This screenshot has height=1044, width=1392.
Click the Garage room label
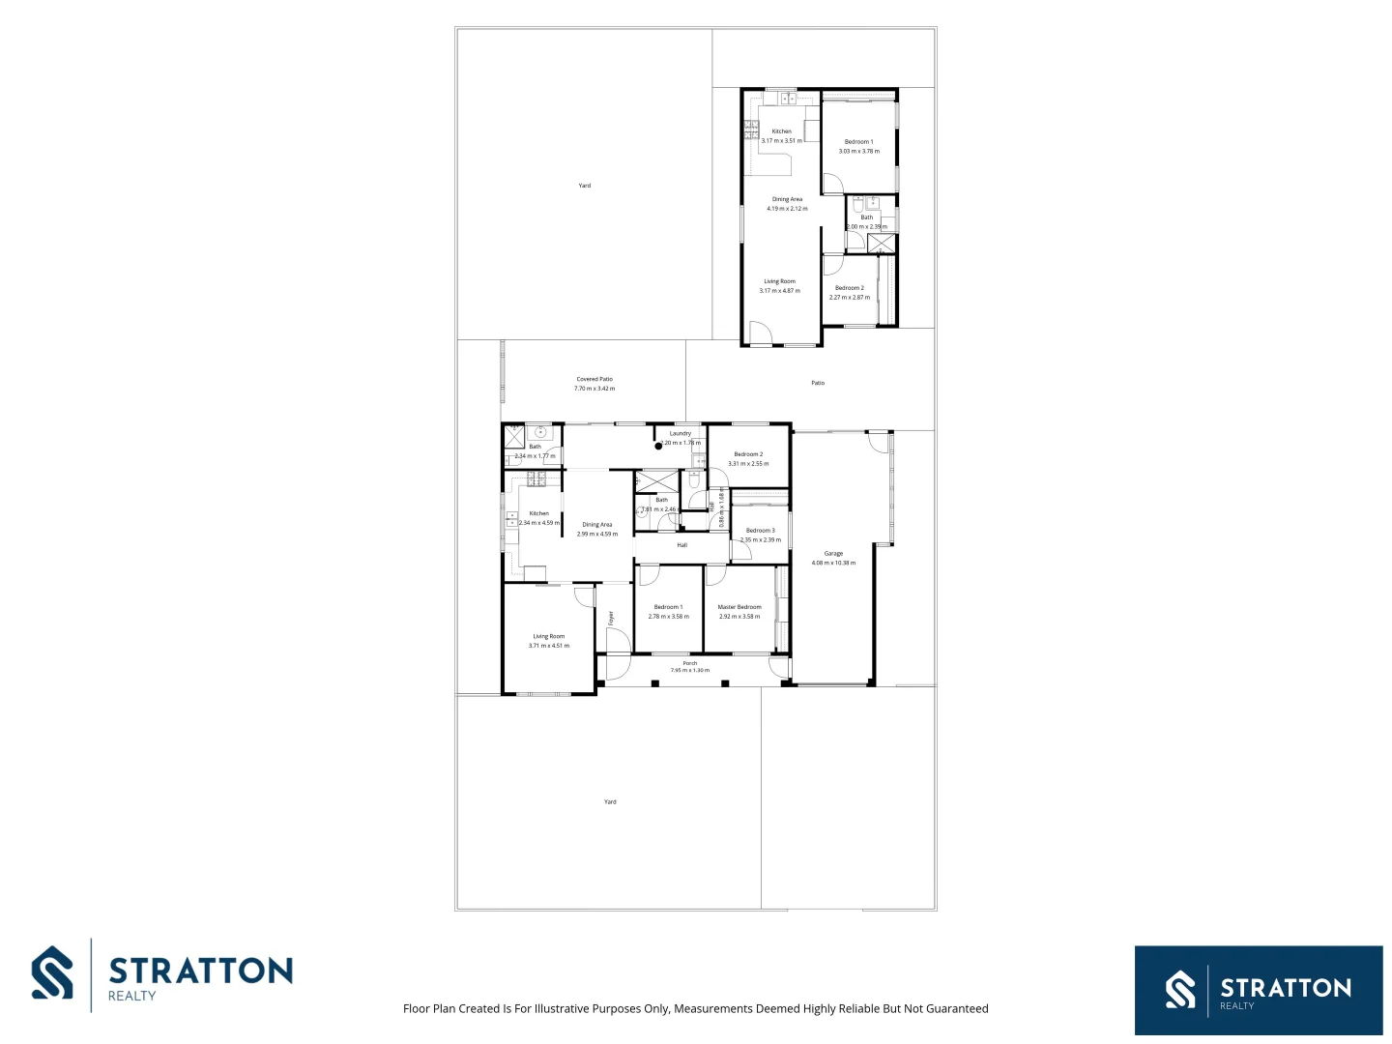point(833,554)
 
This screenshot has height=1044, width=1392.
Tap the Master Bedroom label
point(739,607)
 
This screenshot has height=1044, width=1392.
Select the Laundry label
point(681,434)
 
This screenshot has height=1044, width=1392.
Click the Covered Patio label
point(594,379)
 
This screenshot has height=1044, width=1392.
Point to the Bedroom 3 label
point(761,531)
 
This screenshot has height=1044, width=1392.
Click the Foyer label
point(611,617)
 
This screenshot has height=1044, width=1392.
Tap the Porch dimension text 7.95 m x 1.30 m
point(690,670)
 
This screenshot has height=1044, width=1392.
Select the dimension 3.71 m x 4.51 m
point(549,646)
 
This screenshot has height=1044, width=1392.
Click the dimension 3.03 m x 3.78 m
point(859,151)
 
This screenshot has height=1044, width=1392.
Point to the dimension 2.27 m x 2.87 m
point(850,297)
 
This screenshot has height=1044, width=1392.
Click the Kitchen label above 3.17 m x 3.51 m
point(781,131)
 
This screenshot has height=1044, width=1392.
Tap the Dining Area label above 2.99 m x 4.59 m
point(597,525)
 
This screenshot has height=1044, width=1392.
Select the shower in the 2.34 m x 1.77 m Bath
point(514,436)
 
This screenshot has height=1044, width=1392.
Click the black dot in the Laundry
point(658,446)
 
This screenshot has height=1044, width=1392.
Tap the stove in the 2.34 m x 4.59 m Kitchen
point(536,478)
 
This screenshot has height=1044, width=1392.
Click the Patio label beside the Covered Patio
point(818,383)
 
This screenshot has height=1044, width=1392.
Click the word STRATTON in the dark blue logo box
point(1286,987)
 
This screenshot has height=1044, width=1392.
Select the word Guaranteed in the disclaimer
point(957,1008)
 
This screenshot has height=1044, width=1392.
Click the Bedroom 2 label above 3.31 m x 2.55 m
point(748,454)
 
